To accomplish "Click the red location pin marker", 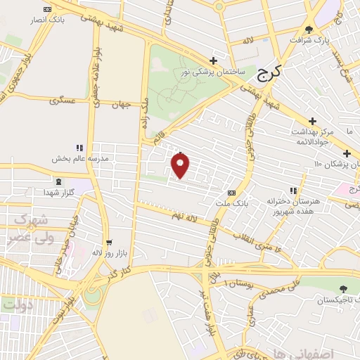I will pos(181,165).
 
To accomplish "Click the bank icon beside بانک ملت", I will pos(231,192).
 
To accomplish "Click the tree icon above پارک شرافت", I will pos(309,29).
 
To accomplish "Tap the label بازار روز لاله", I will pos(109,252).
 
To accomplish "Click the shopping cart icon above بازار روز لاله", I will pos(108,240).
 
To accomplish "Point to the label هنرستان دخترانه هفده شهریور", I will pos(294,205).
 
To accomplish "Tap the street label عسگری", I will pos(63,100).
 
